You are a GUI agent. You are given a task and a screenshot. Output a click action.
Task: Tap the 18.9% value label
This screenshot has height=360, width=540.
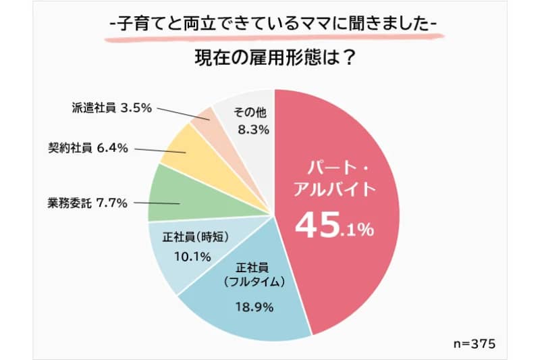pos(254,307)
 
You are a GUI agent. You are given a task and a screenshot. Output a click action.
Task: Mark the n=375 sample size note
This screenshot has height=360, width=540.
pos(475,344)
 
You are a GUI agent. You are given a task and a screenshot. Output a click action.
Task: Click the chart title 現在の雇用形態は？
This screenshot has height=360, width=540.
pos(274,59)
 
